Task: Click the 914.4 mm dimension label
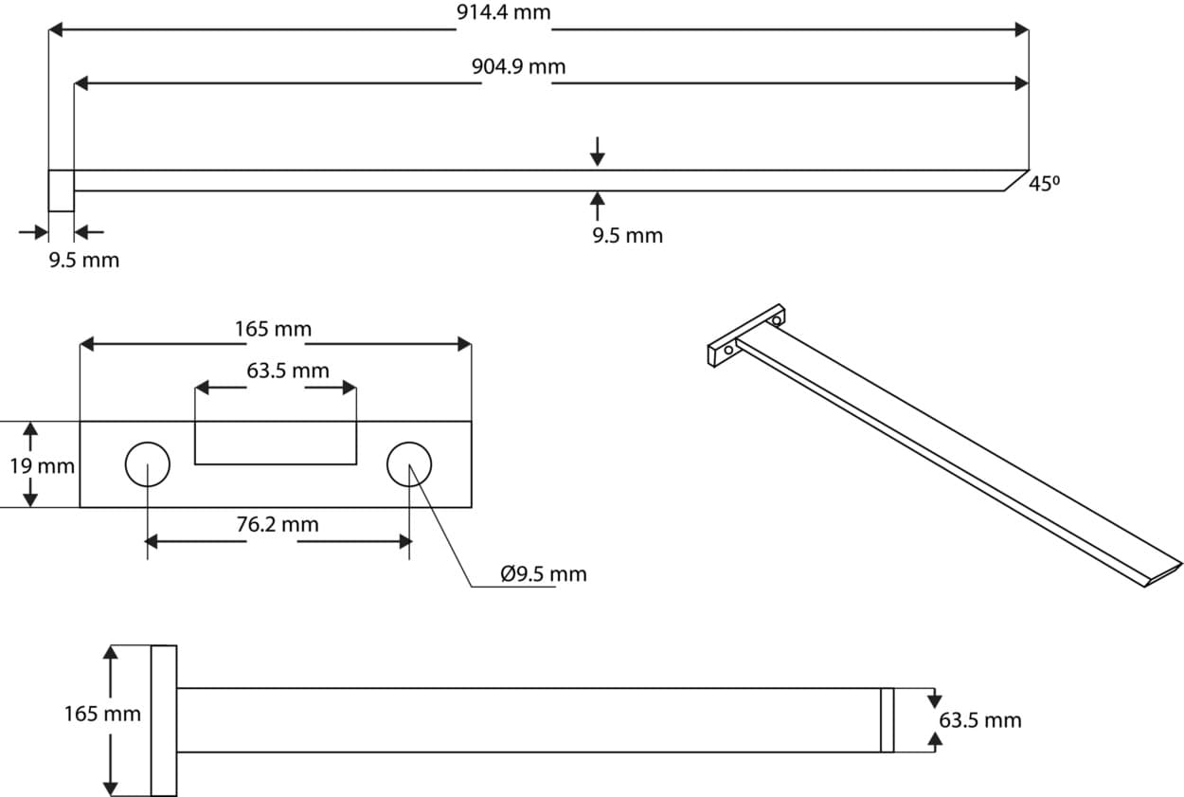503,12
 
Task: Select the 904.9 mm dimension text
518,66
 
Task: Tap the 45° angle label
1045,184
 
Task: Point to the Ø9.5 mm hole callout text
544,573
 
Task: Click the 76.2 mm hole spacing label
278,524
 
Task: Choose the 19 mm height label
43,466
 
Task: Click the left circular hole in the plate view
148,464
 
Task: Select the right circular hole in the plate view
409,464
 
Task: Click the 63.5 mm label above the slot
288,371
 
